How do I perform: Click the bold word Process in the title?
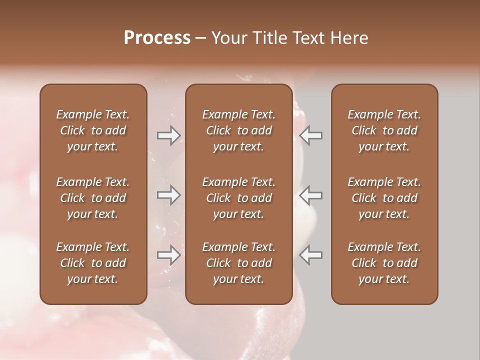point(157,38)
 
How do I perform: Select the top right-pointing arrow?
point(169,135)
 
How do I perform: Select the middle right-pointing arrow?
point(169,195)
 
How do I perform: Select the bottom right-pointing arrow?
point(169,255)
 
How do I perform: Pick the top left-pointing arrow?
point(311,135)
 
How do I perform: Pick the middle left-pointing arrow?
point(311,195)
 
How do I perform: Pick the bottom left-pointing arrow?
point(311,255)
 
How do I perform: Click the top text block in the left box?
point(93,130)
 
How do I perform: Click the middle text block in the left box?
point(93,198)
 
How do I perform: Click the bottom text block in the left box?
point(93,263)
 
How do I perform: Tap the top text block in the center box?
point(238,130)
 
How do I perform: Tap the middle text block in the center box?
point(238,198)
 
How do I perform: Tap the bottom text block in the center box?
point(238,263)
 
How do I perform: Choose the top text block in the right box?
point(384,130)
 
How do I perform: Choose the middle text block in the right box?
point(384,198)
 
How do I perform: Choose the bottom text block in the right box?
point(384,263)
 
